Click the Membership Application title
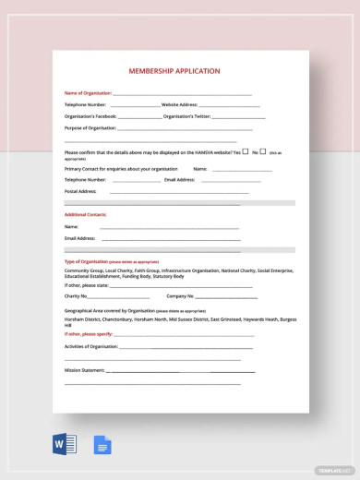pos(181,71)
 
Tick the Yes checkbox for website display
pos(246,150)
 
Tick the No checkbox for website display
pos(263,150)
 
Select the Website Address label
pos(181,105)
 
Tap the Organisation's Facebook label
pos(90,116)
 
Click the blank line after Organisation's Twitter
pos(238,117)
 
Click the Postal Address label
pos(80,191)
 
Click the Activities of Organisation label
pos(92,345)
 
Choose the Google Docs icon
pos(102,446)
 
